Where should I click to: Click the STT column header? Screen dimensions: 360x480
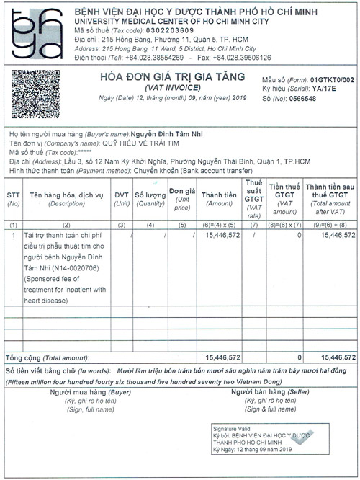click(13, 198)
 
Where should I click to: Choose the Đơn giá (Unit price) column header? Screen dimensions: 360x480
click(182, 198)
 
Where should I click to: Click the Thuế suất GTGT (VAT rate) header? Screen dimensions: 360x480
click(253, 198)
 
